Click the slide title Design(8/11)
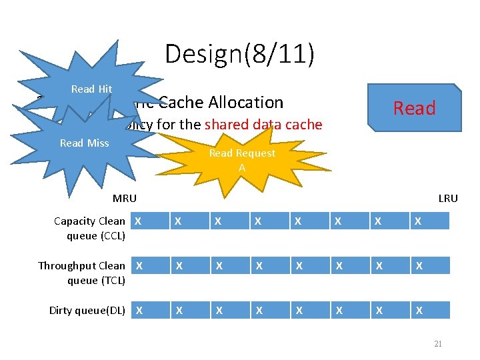(239, 53)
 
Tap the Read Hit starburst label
(91, 89)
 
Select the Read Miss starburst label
(84, 143)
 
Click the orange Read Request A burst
(242, 160)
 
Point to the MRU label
(125, 199)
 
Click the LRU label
(447, 199)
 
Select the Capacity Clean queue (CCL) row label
(89, 228)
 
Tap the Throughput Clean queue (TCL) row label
(81, 273)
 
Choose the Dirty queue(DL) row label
(87, 310)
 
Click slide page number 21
(437, 344)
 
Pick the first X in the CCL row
(138, 221)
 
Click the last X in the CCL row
(417, 221)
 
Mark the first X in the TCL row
(138, 265)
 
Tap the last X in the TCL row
(417, 265)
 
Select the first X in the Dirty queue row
(138, 310)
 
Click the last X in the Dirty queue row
(417, 310)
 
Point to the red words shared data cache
(263, 125)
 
